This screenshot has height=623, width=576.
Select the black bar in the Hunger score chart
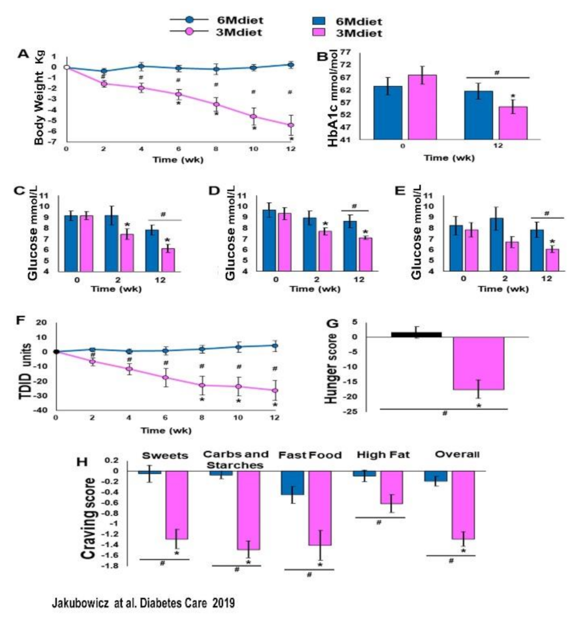click(416, 334)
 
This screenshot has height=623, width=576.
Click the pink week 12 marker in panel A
click(291, 125)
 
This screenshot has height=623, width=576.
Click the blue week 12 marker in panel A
click(291, 65)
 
